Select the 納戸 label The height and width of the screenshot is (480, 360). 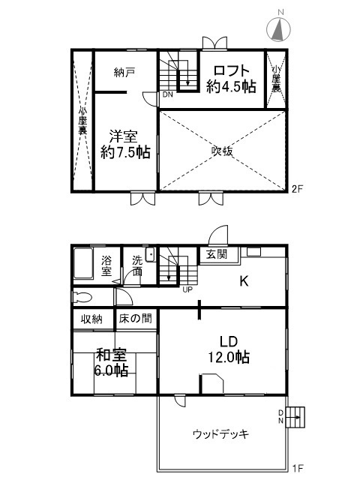(x=124, y=72)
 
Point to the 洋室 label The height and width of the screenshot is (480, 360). (x=125, y=144)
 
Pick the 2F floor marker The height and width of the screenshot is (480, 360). (x=297, y=187)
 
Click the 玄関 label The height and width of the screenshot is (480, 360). (x=217, y=253)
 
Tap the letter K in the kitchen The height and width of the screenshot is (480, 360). (x=244, y=282)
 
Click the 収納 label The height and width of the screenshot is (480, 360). (x=93, y=319)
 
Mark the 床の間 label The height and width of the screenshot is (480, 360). (x=135, y=319)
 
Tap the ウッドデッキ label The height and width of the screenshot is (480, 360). (x=220, y=433)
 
